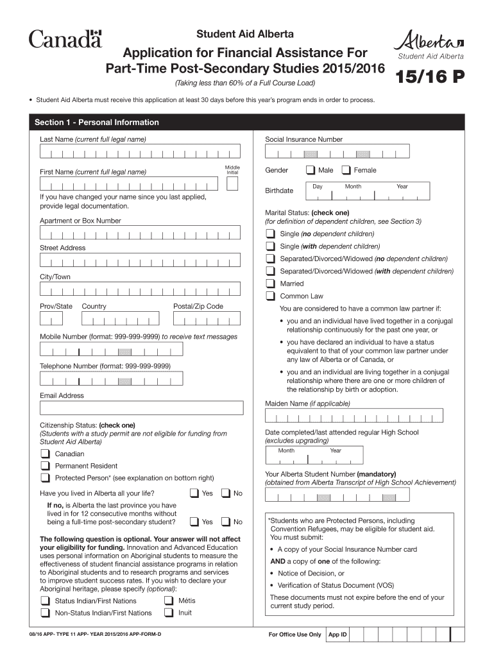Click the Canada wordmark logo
[65, 39]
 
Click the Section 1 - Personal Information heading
[97, 122]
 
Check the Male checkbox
[310, 171]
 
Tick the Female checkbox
[346, 171]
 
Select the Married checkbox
[271, 284]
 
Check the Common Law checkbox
[271, 296]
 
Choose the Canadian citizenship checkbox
[46, 454]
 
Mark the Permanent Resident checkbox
[46, 466]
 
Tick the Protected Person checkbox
[46, 478]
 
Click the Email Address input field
[141, 408]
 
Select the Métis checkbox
[168, 601]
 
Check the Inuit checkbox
[168, 613]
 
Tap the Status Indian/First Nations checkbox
[46, 601]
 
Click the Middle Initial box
[232, 183]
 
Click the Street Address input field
[140, 260]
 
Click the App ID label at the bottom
[337, 635]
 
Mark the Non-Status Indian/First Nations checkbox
[46, 613]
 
